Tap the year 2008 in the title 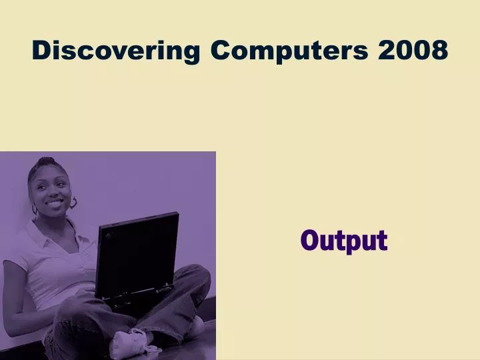[x=413, y=50]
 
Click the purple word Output [x=343, y=240]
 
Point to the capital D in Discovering [x=42, y=50]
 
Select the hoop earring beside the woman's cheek [x=73, y=203]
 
